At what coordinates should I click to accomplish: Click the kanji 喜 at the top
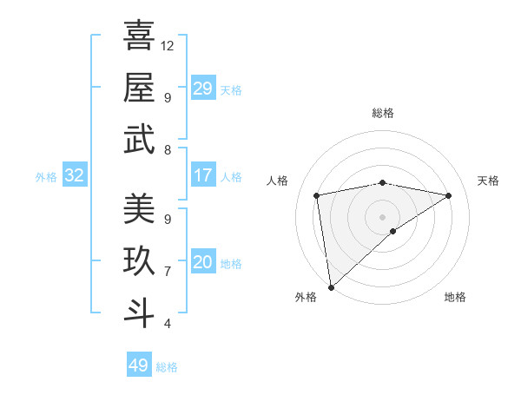point(139,37)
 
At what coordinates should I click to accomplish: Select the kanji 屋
point(139,88)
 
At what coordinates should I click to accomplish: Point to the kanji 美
point(139,208)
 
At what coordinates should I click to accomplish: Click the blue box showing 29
point(203,89)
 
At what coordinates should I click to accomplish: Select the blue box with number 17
point(203,176)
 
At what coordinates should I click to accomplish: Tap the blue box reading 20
point(203,263)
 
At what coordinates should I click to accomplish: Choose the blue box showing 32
point(75,176)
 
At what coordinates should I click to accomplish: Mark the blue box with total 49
point(139,365)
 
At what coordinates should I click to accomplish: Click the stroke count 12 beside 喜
point(168,44)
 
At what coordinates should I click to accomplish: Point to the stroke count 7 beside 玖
point(167,272)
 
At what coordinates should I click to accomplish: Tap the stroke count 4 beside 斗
point(167,324)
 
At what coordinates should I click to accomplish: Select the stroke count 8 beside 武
point(167,150)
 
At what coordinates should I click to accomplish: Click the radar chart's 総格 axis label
point(383,114)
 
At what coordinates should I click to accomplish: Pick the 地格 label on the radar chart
point(455,297)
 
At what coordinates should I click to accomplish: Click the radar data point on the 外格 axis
point(331,286)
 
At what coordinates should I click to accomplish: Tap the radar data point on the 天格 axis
point(449,195)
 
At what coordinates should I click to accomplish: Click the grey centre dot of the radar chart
point(382,215)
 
